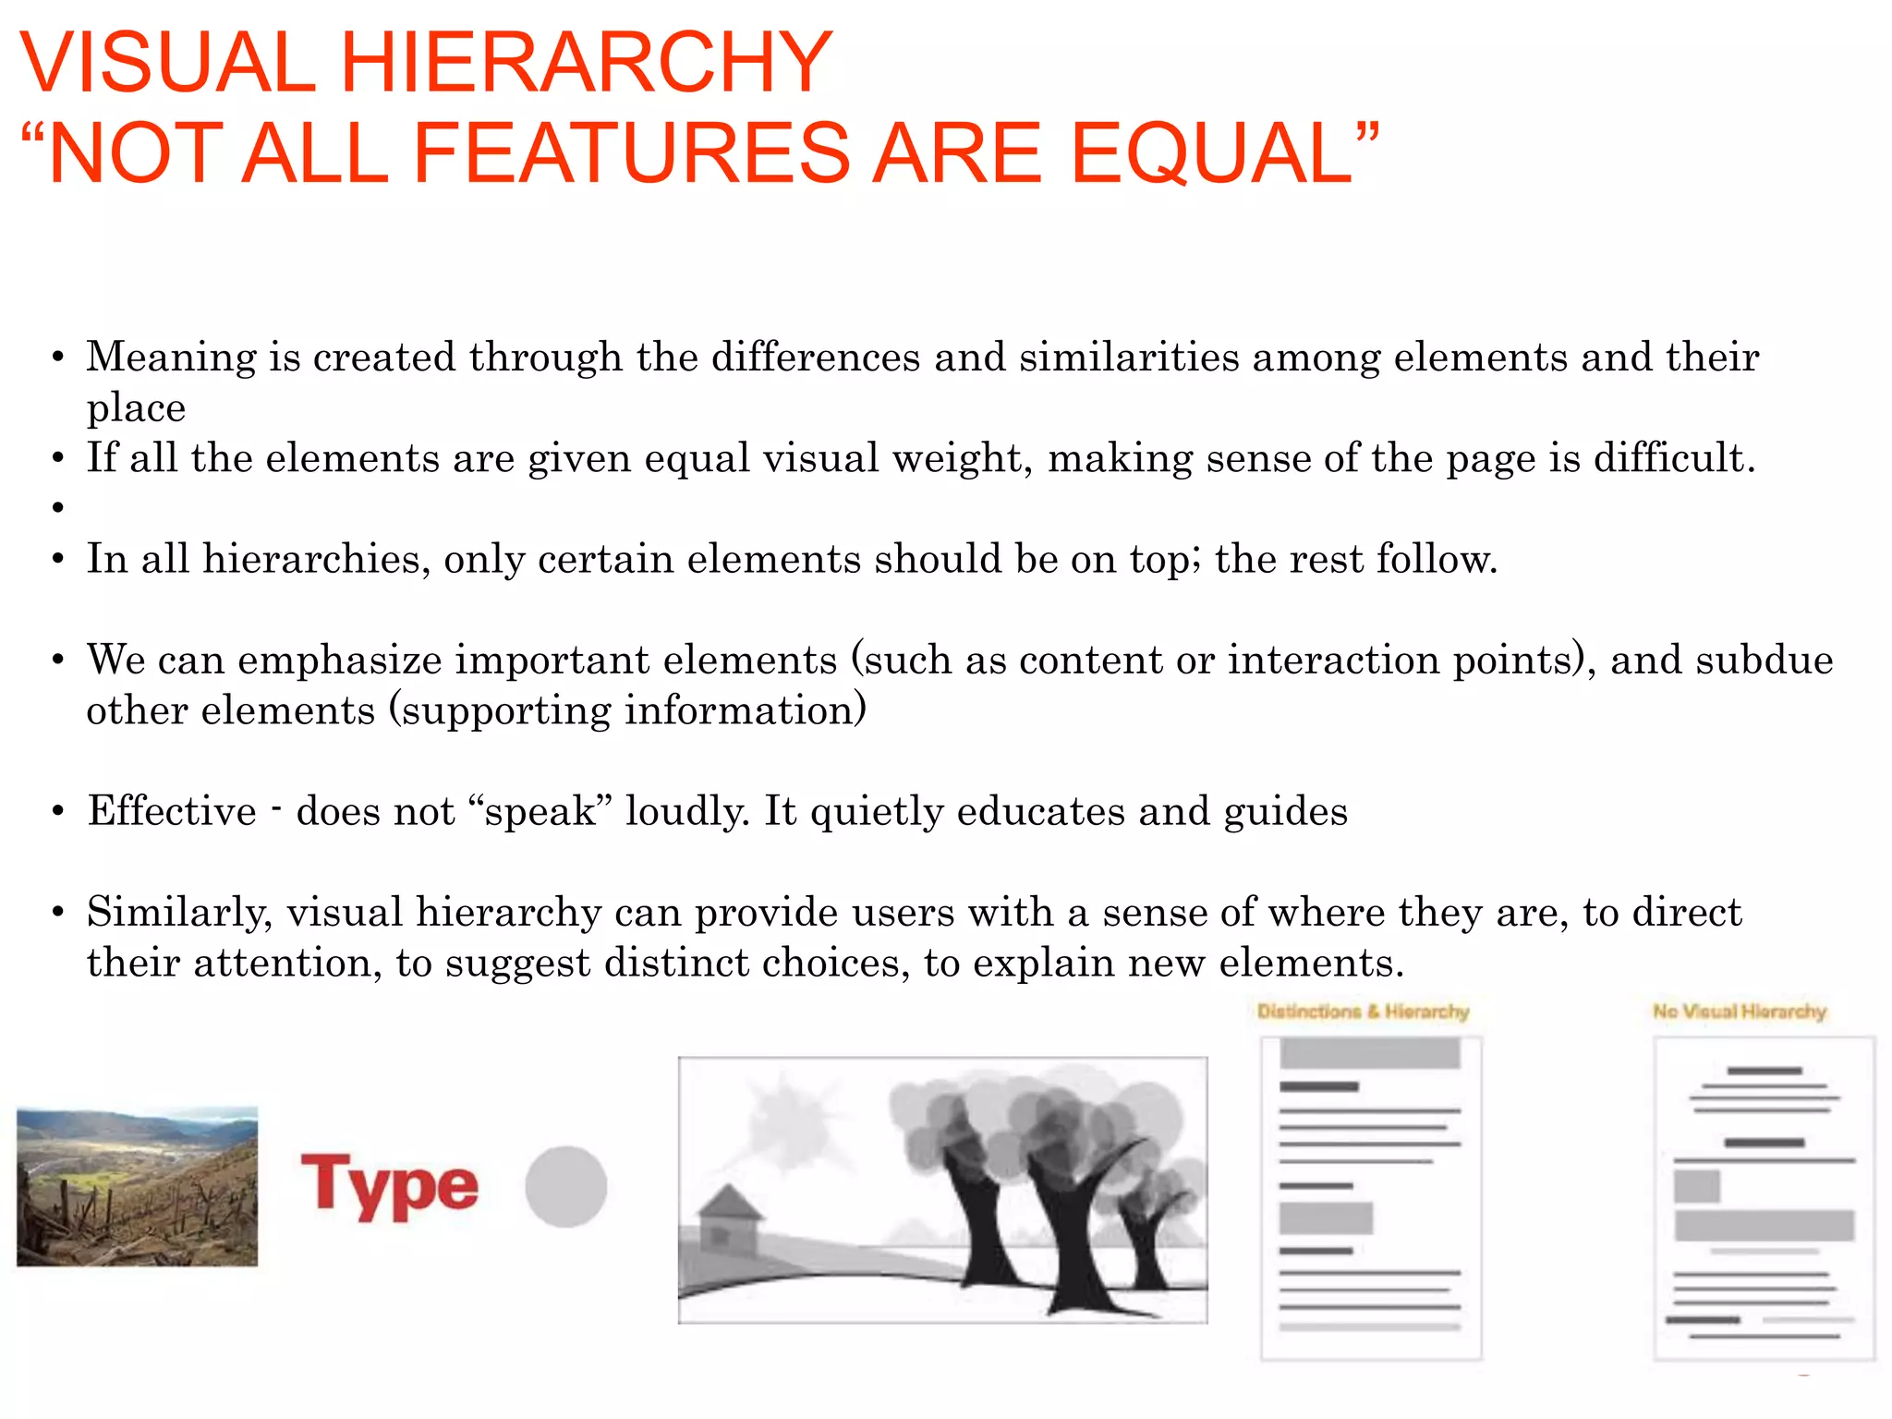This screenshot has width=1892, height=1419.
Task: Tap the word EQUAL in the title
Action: [x=1211, y=153]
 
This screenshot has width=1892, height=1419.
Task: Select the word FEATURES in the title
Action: [x=630, y=153]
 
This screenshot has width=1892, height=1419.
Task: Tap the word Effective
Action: [x=172, y=812]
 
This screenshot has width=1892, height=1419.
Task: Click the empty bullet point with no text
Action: [x=58, y=507]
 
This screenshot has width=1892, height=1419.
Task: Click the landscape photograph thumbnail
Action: [x=138, y=1186]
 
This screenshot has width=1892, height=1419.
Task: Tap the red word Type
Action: [x=390, y=1186]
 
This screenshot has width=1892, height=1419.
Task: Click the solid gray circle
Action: [x=565, y=1187]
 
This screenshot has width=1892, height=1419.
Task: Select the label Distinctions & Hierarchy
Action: [x=1363, y=1012]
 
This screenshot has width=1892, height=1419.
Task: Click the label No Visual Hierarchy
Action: [x=1740, y=1012]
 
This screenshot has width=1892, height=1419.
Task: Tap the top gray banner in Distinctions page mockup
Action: [x=1369, y=1053]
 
